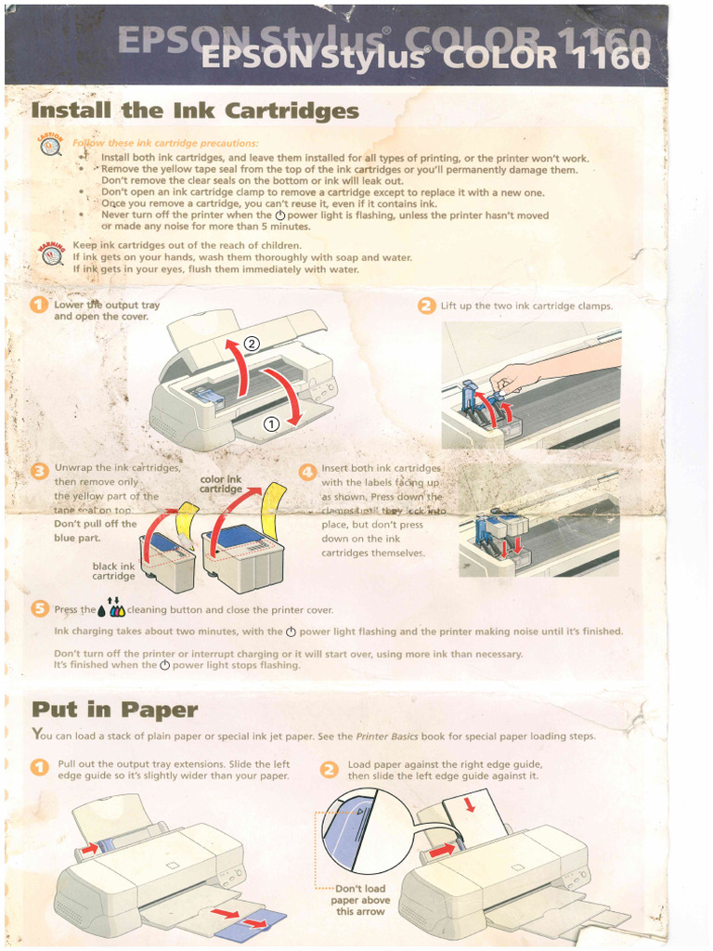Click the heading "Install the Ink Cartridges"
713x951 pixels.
tap(195, 111)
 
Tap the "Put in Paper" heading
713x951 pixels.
tap(115, 710)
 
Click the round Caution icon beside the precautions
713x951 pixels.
tap(50, 147)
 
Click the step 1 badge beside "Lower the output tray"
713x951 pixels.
tap(40, 306)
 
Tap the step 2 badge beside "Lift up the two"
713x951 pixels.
tap(426, 306)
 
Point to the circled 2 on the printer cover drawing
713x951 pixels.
tap(252, 344)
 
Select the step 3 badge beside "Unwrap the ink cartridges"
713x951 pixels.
tap(40, 472)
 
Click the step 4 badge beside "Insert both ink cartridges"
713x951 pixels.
tap(307, 472)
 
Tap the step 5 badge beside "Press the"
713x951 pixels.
tap(40, 609)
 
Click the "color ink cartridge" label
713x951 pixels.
tap(221, 485)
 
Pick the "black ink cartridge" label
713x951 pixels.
tap(113, 571)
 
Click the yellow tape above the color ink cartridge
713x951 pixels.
tap(272, 507)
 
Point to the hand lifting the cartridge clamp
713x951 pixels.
tap(515, 377)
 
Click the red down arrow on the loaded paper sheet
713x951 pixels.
tap(469, 804)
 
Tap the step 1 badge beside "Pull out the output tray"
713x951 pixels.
tap(40, 768)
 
